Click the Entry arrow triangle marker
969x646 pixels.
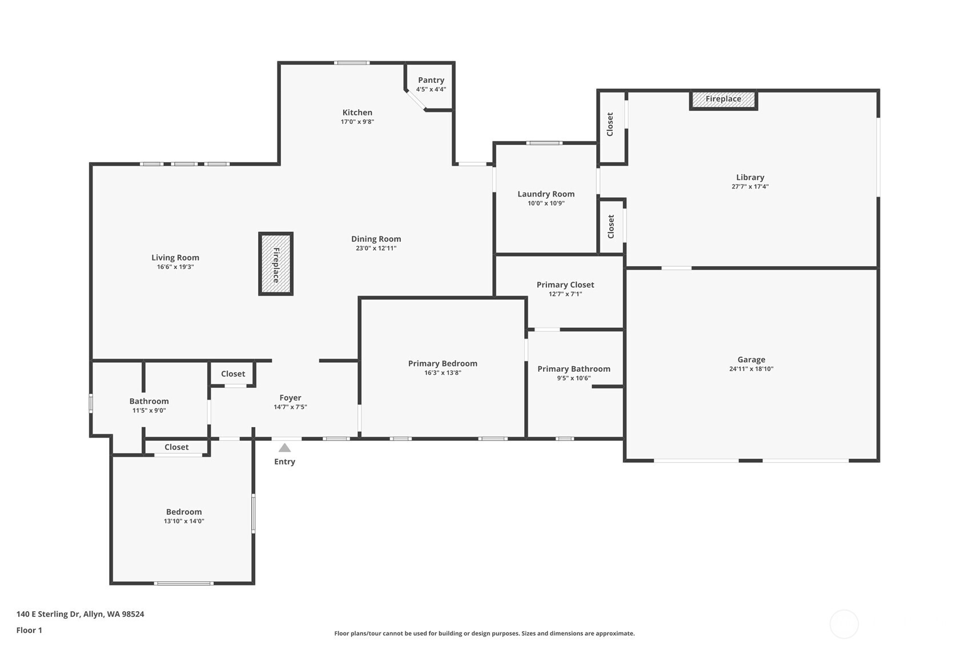click(x=284, y=448)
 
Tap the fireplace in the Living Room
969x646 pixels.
click(x=276, y=264)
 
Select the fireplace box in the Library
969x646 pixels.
click(x=723, y=99)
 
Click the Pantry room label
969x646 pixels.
click(x=431, y=81)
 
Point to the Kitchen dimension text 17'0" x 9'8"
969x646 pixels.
click(x=357, y=122)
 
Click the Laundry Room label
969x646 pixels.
click(x=546, y=194)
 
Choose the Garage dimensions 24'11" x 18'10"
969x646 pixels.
click(x=751, y=369)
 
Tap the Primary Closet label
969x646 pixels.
click(x=565, y=285)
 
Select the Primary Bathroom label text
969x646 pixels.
click(x=574, y=369)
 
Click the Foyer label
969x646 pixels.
click(x=290, y=398)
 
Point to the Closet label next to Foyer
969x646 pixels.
click(x=233, y=374)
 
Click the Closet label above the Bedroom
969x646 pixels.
click(x=176, y=447)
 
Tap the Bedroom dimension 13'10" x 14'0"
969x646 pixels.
click(x=184, y=521)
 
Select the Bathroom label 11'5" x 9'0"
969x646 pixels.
click(x=149, y=410)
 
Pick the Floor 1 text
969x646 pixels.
click(x=29, y=630)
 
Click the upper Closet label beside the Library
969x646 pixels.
click(x=610, y=124)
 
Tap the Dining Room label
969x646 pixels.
click(x=376, y=239)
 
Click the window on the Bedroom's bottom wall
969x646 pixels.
click(x=183, y=583)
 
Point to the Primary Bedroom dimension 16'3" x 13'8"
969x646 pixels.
click(x=443, y=373)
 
